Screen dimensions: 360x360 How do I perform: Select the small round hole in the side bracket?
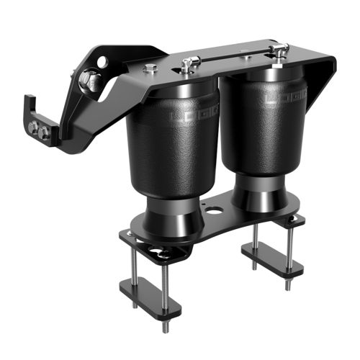coord(104,63)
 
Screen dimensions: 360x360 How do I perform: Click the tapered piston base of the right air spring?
coord(259,196)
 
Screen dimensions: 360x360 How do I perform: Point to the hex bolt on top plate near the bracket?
coord(150,69)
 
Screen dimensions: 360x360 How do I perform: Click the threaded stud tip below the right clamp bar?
coord(287,285)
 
